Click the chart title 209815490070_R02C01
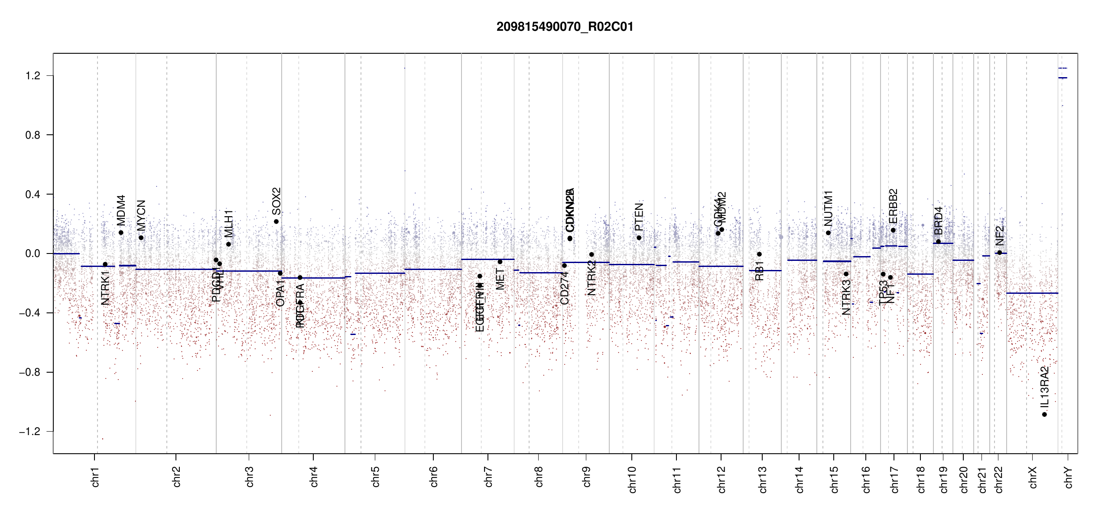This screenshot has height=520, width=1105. tap(565, 27)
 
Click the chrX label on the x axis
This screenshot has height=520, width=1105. tap(1033, 477)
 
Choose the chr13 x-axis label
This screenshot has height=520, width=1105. tap(763, 479)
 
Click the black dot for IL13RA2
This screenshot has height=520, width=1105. tap(1045, 415)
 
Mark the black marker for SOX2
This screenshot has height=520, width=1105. tap(276, 222)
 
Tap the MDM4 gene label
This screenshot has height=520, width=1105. tap(121, 210)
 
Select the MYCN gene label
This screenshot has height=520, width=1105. tap(141, 215)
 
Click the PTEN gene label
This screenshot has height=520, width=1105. tap(639, 217)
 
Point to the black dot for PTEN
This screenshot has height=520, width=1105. tap(639, 238)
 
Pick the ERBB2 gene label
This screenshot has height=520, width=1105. tap(893, 206)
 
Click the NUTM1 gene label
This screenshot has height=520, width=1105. tap(829, 208)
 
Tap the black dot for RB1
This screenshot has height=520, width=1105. tap(759, 254)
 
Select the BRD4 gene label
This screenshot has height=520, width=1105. tap(939, 221)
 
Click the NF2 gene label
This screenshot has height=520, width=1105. tap(1000, 235)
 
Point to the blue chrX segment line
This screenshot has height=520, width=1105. tap(1032, 293)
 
